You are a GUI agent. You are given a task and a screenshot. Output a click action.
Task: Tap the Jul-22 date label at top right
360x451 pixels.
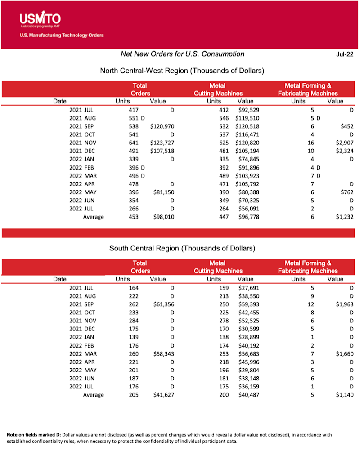345,54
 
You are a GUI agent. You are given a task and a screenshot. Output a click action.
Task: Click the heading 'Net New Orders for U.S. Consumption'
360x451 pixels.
182,54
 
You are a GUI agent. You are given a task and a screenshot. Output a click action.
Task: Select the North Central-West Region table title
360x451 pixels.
182,71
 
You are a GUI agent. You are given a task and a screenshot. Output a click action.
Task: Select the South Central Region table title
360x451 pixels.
182,248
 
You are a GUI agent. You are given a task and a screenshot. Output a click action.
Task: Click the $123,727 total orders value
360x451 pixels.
162,143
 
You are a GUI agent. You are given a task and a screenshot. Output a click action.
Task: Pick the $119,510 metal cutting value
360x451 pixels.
247,118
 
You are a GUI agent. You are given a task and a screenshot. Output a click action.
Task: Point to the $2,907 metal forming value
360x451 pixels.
344,143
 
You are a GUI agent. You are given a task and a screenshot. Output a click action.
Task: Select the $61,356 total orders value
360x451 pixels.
162,304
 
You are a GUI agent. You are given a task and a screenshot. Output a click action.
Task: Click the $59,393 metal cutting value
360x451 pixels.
247,304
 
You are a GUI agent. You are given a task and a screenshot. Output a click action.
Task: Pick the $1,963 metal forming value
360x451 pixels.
344,304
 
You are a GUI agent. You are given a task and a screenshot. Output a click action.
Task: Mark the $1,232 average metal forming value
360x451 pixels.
344,217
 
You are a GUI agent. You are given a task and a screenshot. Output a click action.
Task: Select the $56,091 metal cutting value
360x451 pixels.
247,209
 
